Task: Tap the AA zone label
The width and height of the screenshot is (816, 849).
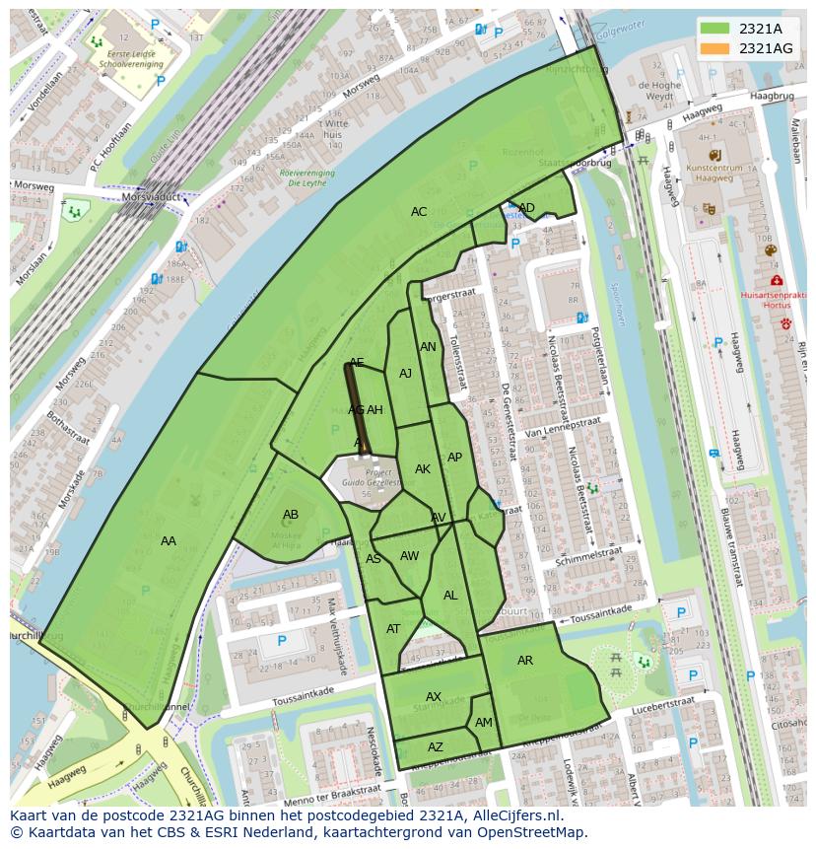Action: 169,541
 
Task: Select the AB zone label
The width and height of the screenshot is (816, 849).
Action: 291,515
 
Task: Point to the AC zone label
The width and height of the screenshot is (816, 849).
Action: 419,212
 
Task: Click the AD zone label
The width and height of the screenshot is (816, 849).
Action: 527,208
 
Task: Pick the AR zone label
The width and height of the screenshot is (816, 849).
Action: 525,661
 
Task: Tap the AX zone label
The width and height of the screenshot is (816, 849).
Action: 434,697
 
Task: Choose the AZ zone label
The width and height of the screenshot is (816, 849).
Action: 436,747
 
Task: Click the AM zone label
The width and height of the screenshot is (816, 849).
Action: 484,723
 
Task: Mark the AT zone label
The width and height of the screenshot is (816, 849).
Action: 394,629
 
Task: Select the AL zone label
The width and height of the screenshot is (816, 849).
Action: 450,596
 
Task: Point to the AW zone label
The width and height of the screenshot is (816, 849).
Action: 409,556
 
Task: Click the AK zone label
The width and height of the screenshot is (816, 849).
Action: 423,469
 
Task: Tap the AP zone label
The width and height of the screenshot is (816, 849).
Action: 454,458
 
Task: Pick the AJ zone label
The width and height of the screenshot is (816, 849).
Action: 405,374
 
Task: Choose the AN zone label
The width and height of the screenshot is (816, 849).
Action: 428,347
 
